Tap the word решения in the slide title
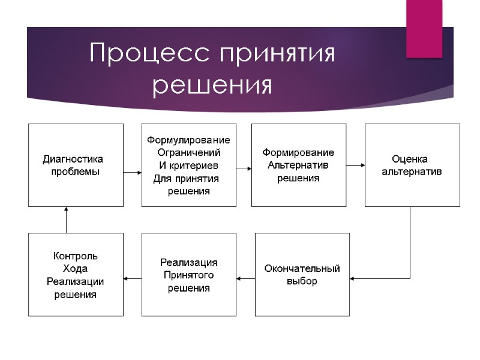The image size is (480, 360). (x=212, y=85)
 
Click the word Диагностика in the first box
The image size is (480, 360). (x=73, y=160)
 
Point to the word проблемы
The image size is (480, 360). (x=75, y=171)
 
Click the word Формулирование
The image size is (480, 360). (x=188, y=140)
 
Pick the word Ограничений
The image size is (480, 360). (x=188, y=152)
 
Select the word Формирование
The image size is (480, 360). (x=298, y=152)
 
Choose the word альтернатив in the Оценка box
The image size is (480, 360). (x=412, y=171)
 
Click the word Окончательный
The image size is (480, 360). (x=302, y=268)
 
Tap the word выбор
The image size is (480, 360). (x=302, y=281)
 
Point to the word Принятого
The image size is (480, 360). (x=188, y=275)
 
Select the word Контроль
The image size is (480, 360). (x=76, y=256)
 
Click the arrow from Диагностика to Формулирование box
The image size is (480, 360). (x=132, y=172)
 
